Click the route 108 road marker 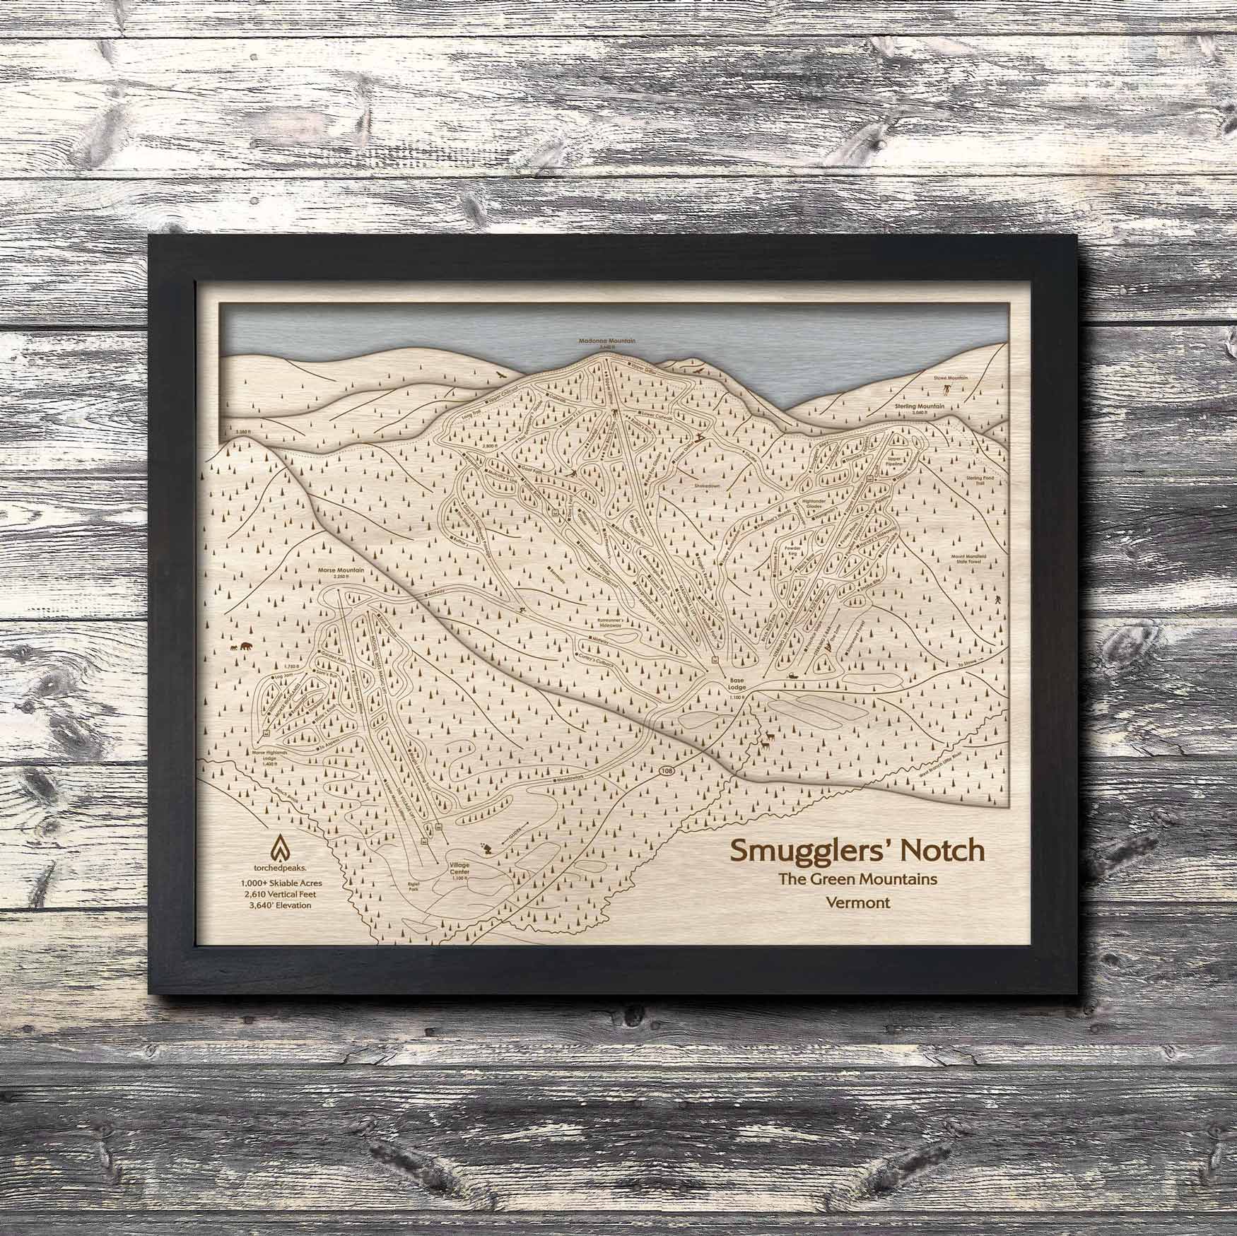point(665,769)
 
